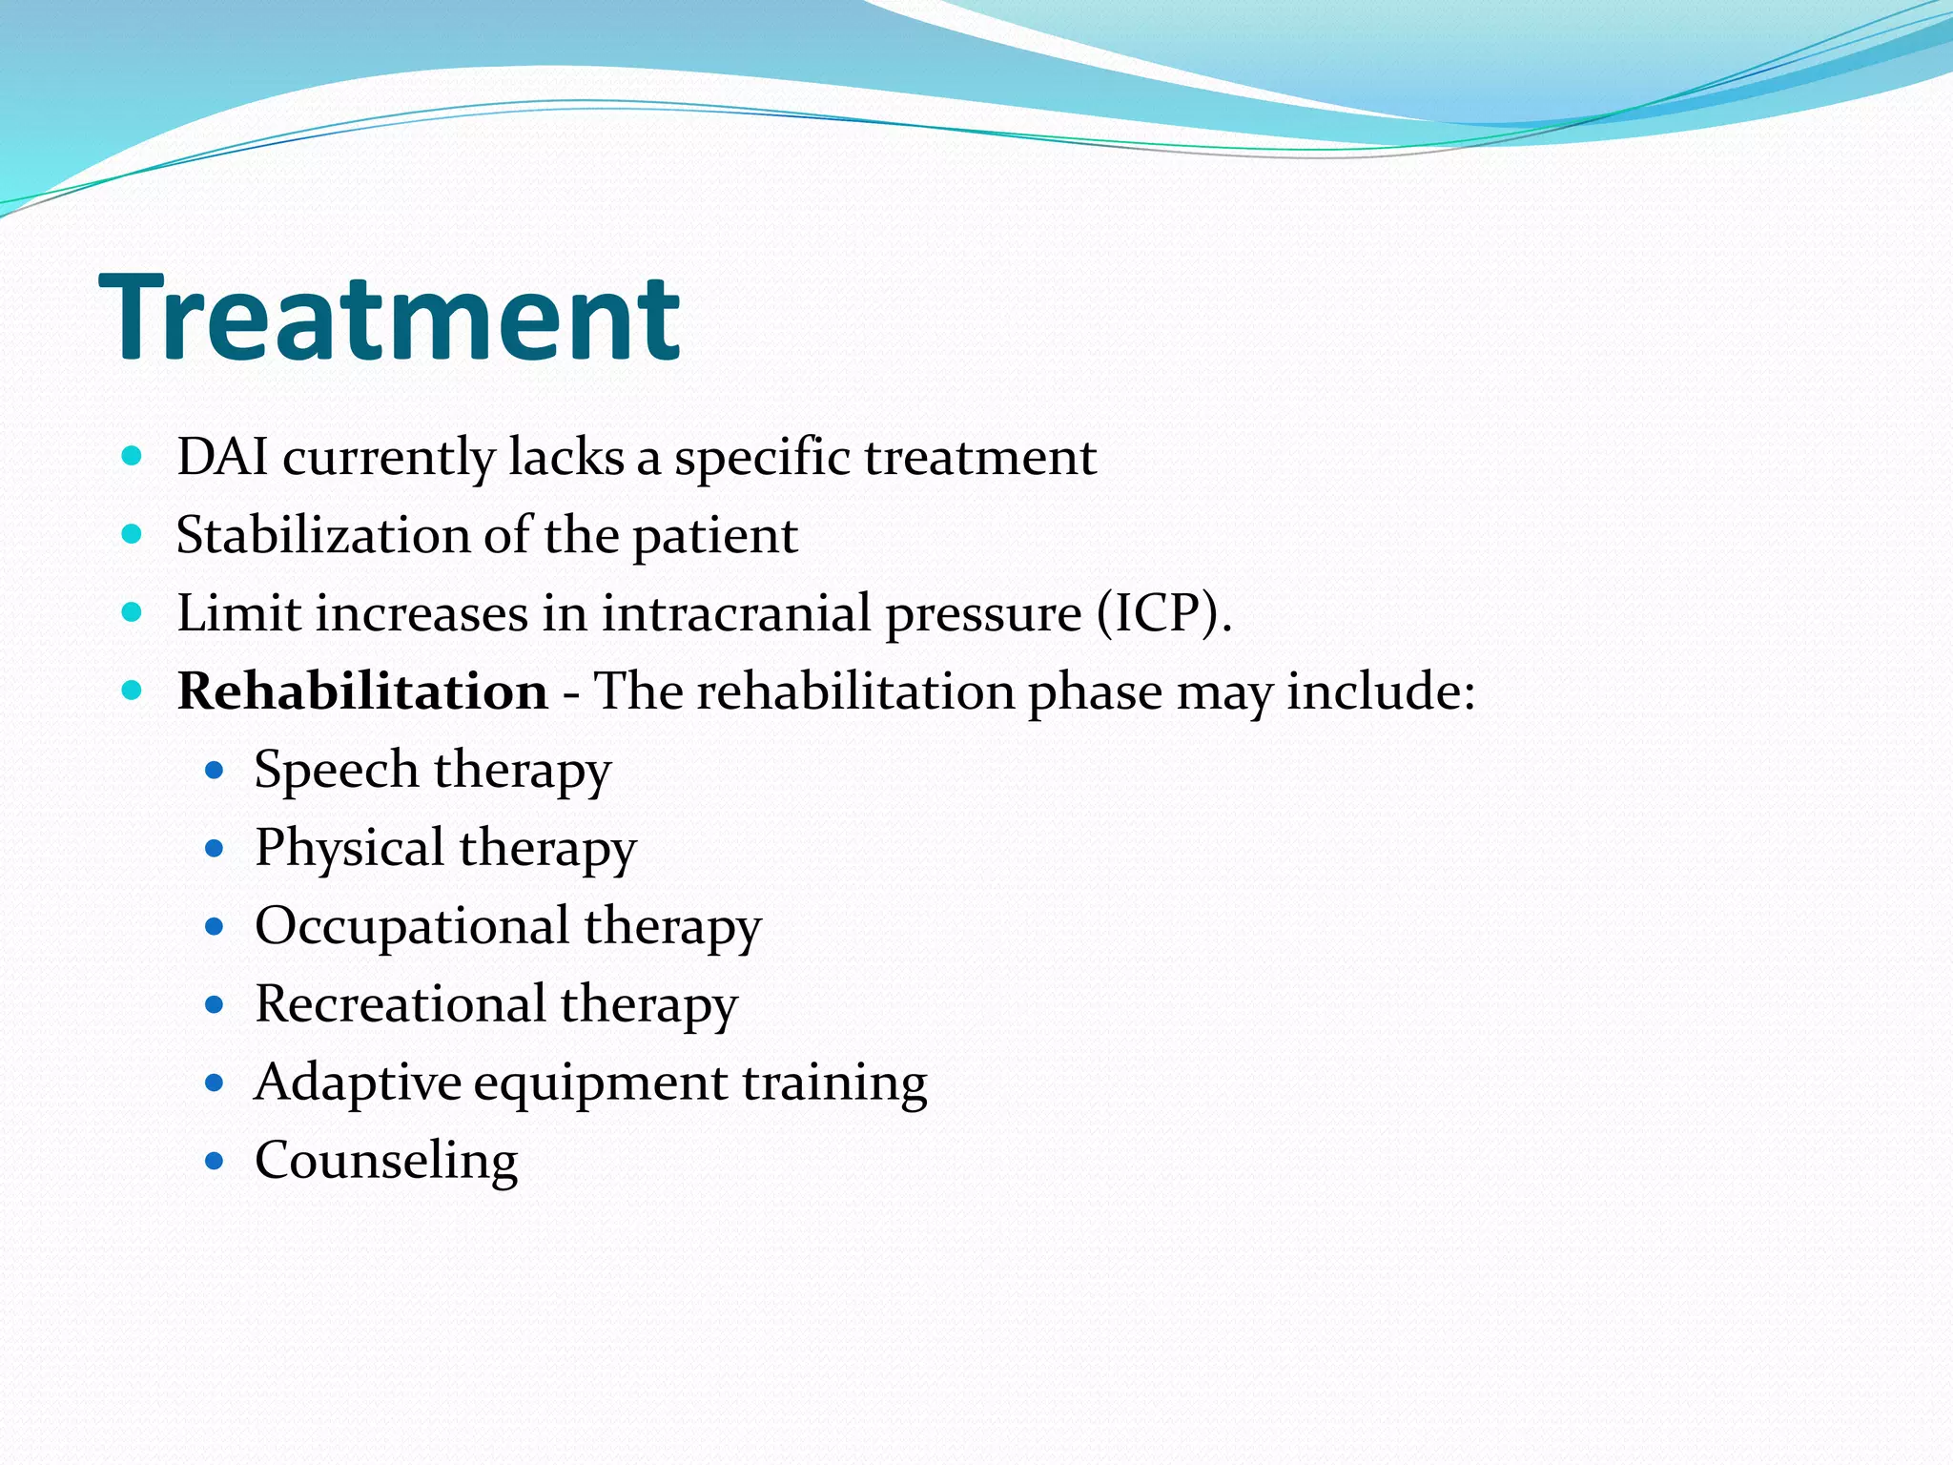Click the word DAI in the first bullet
[x=222, y=457]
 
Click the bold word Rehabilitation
[x=362, y=691]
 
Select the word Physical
[x=349, y=849]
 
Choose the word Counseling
[x=386, y=1161]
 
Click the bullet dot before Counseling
[x=215, y=1162]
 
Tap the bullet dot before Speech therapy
[x=215, y=771]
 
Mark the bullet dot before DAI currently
[x=133, y=456]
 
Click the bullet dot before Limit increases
[x=133, y=612]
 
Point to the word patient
[x=715, y=536]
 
